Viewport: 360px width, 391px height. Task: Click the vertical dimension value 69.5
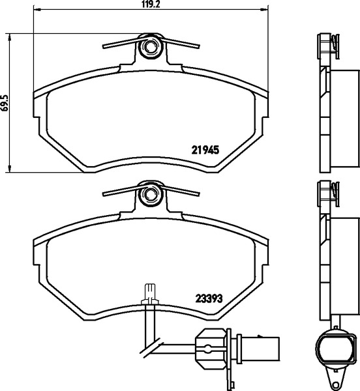5,102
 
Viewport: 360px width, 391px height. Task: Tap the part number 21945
205,150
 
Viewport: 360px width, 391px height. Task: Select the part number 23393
209,298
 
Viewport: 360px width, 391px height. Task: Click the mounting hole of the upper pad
150,46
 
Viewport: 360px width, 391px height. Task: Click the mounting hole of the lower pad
150,194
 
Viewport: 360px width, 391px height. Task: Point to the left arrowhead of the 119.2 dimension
37,10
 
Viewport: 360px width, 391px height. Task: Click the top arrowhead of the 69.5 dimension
10,37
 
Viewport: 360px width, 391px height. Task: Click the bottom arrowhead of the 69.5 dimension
10,168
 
